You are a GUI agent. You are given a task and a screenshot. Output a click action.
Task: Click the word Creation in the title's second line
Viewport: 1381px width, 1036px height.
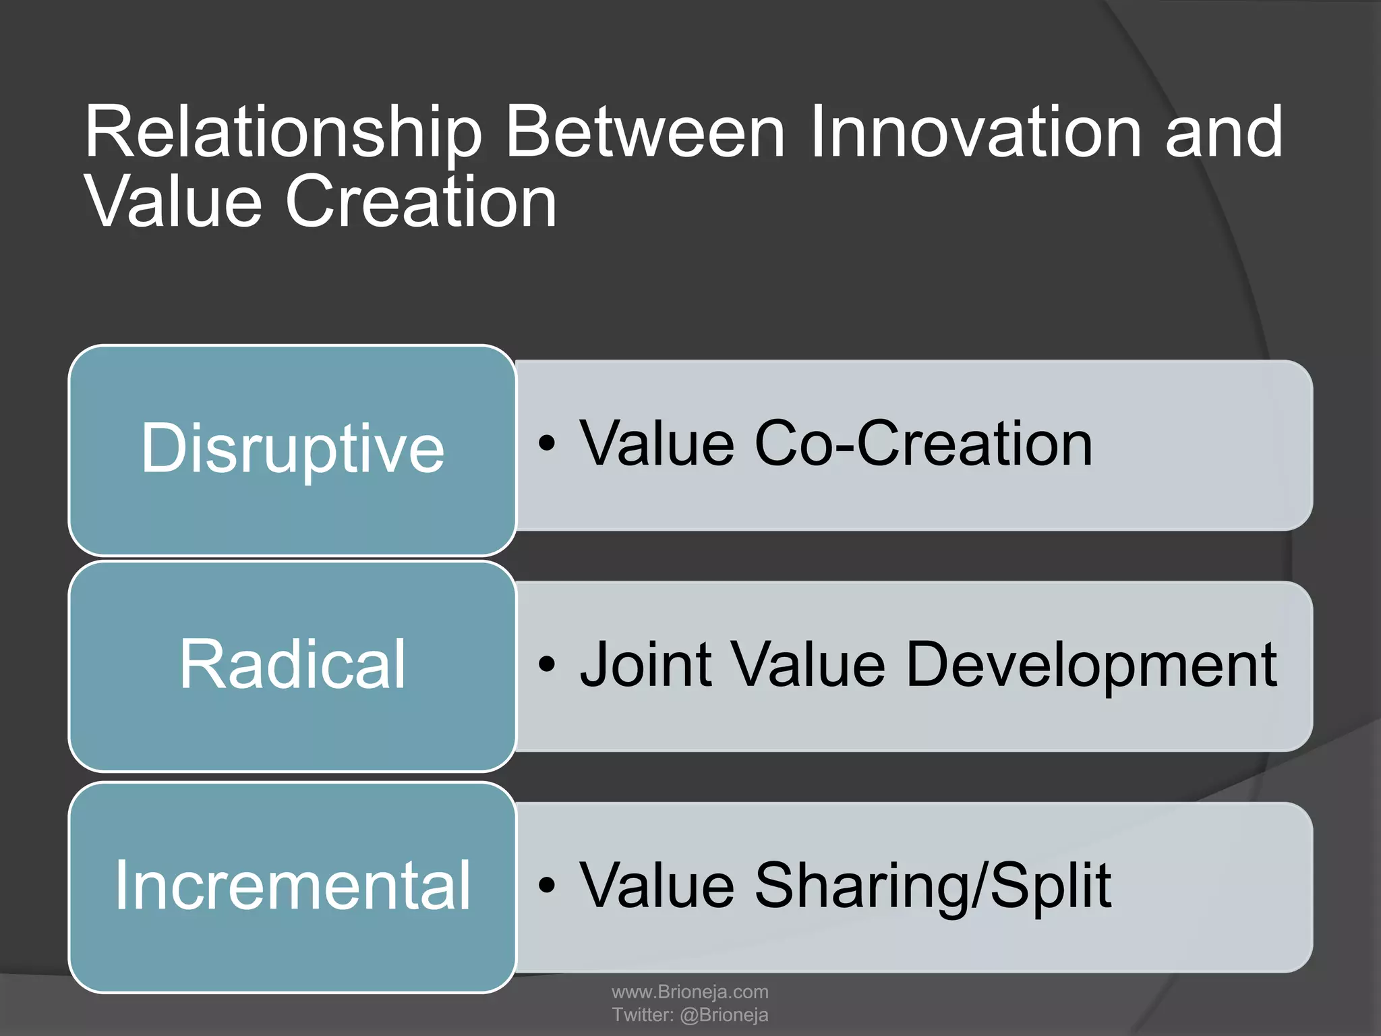[x=421, y=202]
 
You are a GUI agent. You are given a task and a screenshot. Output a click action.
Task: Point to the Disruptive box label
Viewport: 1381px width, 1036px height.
[x=292, y=449]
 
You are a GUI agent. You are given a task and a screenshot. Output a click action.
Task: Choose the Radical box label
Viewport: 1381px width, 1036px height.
[x=292, y=665]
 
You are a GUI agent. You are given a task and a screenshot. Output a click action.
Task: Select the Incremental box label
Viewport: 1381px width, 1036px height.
[x=292, y=886]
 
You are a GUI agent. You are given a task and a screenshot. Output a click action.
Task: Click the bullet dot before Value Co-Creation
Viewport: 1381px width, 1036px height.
[x=547, y=444]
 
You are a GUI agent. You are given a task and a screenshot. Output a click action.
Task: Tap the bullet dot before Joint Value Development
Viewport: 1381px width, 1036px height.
[x=547, y=665]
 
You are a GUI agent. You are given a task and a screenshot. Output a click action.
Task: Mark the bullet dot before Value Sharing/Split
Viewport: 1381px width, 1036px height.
[x=547, y=886]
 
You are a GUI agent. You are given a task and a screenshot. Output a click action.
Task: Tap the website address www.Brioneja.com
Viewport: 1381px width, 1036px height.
[x=690, y=991]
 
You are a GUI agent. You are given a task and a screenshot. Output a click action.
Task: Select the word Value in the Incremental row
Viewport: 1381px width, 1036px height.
[x=657, y=886]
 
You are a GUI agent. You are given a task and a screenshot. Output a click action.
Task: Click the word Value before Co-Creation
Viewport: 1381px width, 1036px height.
[x=657, y=443]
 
